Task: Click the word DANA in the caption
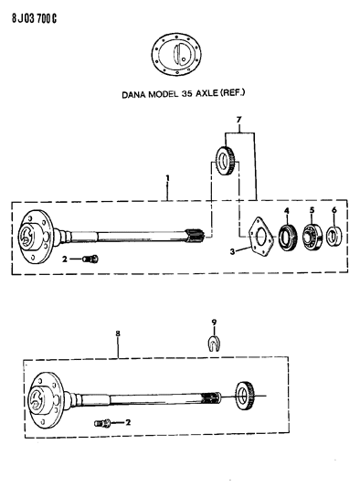tap(135, 93)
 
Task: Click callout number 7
tap(238, 122)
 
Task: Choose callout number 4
tap(286, 213)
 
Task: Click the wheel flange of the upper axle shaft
tap(37, 234)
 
